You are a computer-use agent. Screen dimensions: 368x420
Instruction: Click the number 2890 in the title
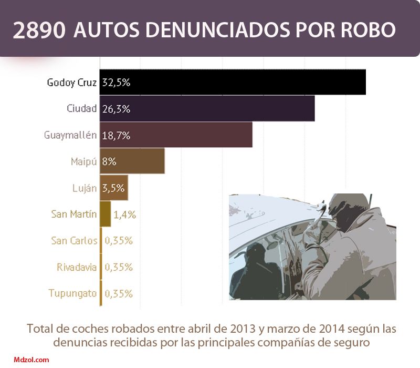pos(40,31)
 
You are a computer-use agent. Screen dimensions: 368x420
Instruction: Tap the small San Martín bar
pos(105,214)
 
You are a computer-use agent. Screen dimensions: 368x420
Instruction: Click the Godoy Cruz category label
pos(72,83)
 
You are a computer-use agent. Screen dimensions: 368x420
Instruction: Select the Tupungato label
pos(72,293)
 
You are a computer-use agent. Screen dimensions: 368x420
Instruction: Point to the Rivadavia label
pos(77,267)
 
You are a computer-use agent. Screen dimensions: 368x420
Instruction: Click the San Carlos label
pos(74,241)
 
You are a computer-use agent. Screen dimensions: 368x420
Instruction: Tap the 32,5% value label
pos(117,83)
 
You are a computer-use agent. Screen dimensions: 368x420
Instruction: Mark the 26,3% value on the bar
pos(117,109)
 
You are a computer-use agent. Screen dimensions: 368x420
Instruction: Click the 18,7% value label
pos(117,135)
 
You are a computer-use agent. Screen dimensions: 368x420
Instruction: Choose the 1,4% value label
pos(125,214)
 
